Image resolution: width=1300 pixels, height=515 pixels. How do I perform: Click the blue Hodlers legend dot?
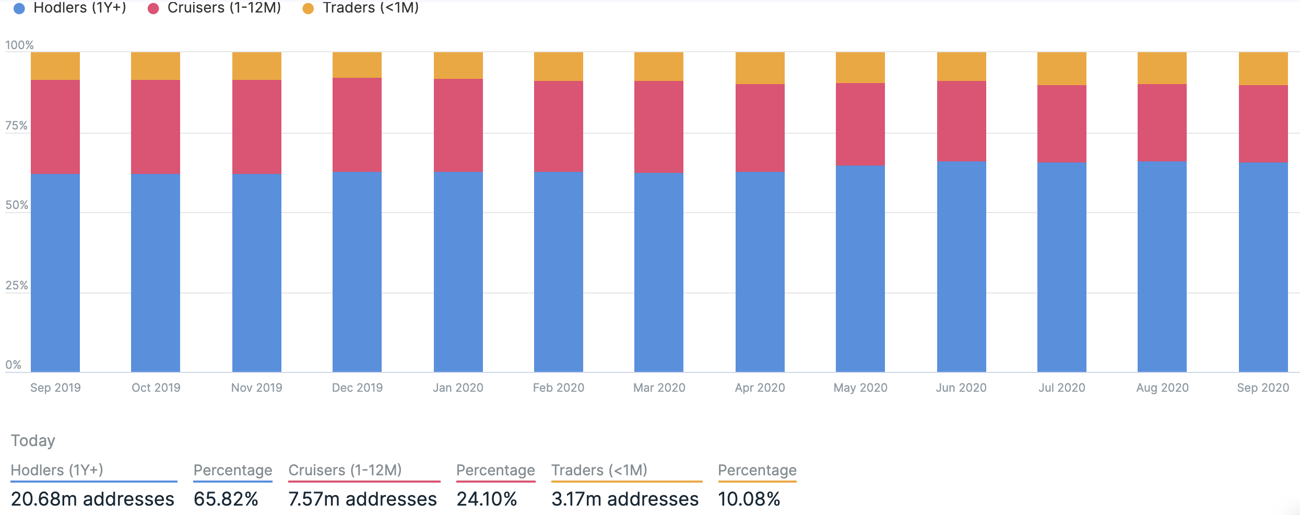(x=19, y=8)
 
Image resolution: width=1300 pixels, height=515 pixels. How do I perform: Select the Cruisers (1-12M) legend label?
(x=224, y=8)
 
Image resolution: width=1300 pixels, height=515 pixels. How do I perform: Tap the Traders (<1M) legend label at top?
(x=371, y=8)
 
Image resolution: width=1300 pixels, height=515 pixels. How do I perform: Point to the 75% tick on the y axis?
(x=16, y=126)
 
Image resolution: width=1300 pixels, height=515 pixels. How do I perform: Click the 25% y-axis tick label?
(x=16, y=286)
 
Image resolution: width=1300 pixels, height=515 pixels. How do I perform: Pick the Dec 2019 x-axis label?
(x=357, y=388)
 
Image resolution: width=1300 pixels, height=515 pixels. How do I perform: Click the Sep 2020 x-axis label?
(x=1262, y=388)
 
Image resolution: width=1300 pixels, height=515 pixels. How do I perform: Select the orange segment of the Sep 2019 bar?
(x=55, y=66)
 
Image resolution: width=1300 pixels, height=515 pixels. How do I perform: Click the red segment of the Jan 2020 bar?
(x=458, y=125)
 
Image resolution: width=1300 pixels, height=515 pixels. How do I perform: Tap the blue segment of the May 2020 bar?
(x=860, y=269)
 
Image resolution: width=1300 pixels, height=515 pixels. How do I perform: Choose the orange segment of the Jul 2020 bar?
(x=1061, y=68)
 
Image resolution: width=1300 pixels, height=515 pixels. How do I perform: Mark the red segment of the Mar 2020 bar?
(x=658, y=127)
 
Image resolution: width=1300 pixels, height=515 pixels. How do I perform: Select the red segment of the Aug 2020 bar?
(x=1162, y=123)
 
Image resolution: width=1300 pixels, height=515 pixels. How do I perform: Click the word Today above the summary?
(x=33, y=441)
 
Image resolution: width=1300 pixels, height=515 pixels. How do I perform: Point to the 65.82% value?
(x=226, y=499)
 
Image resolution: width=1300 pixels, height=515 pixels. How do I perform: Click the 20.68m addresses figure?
(x=92, y=499)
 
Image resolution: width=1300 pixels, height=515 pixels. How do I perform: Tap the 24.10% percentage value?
(x=487, y=499)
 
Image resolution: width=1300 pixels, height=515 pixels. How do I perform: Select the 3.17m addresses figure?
(x=624, y=499)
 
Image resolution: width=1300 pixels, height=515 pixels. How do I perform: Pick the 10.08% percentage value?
(x=749, y=499)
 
